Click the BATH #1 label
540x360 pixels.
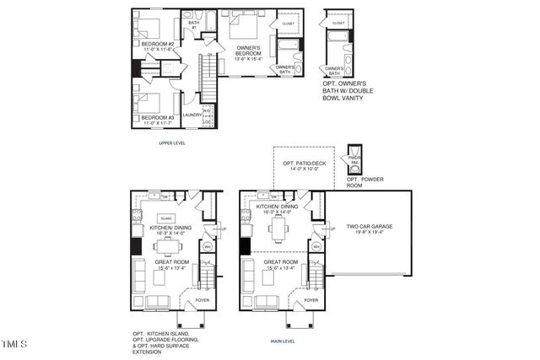[193, 25]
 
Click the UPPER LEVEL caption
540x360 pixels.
[172, 143]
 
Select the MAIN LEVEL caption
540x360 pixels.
[282, 341]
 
